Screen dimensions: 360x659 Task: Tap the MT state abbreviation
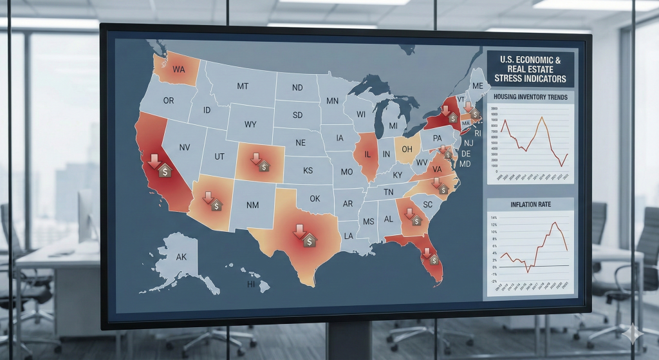(x=243, y=86)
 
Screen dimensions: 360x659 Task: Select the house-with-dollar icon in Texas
(x=310, y=240)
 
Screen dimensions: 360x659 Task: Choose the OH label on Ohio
(x=407, y=149)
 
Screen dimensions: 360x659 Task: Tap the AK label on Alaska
(x=181, y=256)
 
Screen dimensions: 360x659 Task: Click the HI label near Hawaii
(x=252, y=283)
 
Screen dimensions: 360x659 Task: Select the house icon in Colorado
(x=265, y=167)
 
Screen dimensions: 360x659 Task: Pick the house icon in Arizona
(x=217, y=205)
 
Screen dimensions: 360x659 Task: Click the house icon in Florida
(x=434, y=259)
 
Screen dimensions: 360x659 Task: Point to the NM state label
(x=253, y=205)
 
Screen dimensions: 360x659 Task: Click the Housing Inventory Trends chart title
(x=530, y=97)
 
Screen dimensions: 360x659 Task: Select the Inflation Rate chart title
(x=530, y=205)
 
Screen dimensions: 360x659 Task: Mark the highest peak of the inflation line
(x=554, y=223)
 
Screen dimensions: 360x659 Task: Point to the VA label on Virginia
(x=436, y=169)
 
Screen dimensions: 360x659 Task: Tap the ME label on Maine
(x=478, y=86)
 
